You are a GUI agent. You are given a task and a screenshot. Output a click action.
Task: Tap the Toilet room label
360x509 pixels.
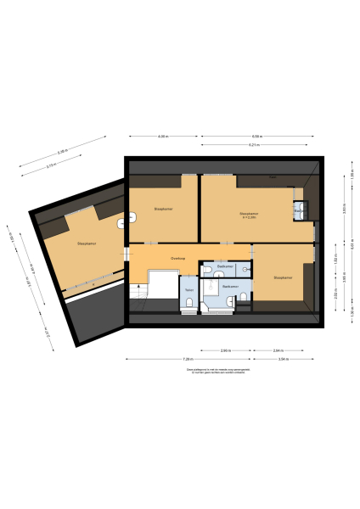188,289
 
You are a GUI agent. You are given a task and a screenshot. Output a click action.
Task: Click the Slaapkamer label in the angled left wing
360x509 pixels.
86,243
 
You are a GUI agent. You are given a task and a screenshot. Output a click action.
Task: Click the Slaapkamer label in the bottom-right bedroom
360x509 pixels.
283,277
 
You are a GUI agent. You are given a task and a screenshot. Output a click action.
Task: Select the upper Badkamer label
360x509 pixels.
225,266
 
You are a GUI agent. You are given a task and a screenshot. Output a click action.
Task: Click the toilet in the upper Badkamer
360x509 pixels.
245,270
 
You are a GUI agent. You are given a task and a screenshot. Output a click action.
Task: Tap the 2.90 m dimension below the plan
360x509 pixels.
225,350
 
